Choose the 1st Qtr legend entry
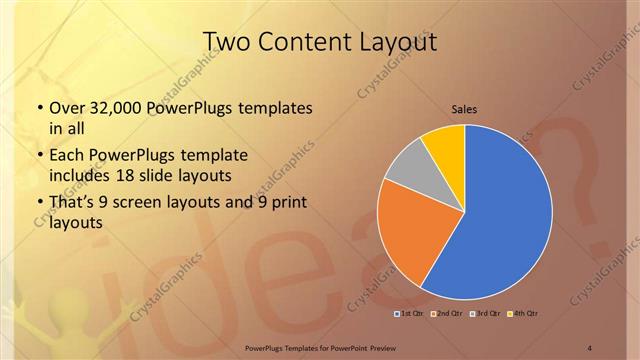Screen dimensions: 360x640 click(x=409, y=314)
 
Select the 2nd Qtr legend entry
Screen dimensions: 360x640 click(x=447, y=314)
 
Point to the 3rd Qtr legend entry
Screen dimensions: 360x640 click(x=485, y=314)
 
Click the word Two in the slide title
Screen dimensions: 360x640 click(x=229, y=43)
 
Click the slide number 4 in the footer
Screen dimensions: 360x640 click(x=590, y=347)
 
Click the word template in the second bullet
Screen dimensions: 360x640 click(x=219, y=155)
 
